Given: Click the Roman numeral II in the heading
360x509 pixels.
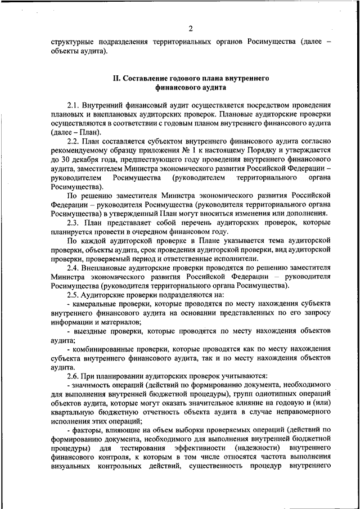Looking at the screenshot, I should [x=116, y=75].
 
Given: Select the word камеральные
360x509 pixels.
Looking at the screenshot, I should [x=94, y=304].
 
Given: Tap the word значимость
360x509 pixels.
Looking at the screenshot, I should [x=91, y=385].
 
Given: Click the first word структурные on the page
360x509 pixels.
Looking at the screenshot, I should [x=74, y=42].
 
